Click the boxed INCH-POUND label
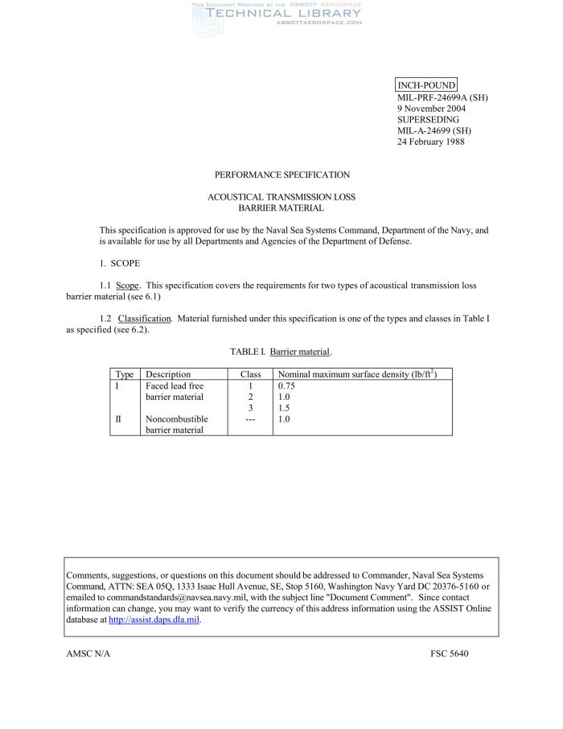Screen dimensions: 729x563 tap(426, 85)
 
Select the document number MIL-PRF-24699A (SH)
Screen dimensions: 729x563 tap(442, 97)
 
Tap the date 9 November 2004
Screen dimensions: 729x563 tap(432, 109)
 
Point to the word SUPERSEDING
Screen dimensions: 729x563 tap(429, 120)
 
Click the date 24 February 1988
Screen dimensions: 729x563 tap(430, 142)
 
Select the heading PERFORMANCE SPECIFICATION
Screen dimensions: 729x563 tap(281, 175)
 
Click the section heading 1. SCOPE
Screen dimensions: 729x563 tap(118, 263)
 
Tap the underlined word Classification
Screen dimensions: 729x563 tap(146, 319)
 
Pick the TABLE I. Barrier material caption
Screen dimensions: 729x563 tap(281, 352)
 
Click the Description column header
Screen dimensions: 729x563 tap(168, 374)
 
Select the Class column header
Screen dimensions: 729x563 tap(251, 374)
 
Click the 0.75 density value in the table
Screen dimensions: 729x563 tap(286, 386)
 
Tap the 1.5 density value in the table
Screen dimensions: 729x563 tap(283, 408)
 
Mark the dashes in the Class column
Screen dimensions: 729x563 tap(251, 419)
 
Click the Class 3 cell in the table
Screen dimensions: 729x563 tap(251, 408)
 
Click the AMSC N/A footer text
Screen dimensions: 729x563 tap(88, 653)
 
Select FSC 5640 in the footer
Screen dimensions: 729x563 tap(449, 653)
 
